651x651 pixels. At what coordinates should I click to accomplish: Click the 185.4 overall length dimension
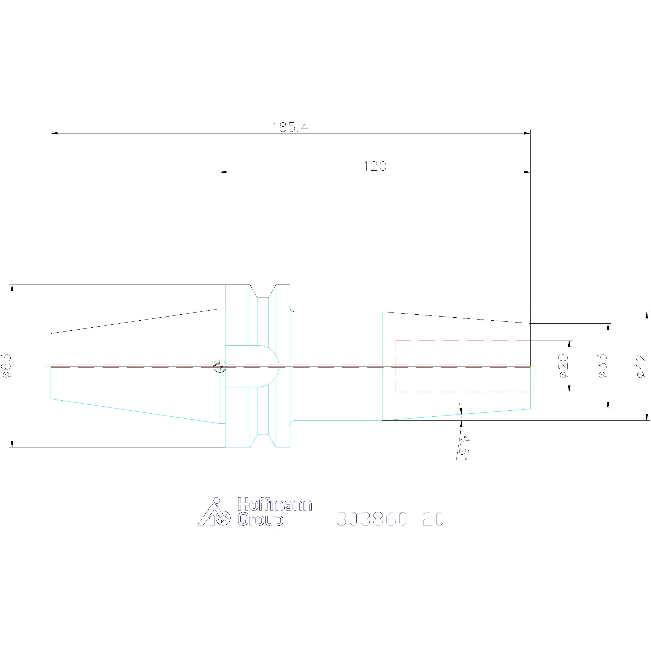coord(290,127)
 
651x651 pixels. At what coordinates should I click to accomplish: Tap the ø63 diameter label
coord(7,366)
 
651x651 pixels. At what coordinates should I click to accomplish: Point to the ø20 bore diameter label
coord(563,366)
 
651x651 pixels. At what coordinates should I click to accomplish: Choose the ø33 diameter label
coord(602,366)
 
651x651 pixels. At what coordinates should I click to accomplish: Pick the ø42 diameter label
coord(641,366)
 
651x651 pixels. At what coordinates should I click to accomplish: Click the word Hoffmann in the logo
coord(275,505)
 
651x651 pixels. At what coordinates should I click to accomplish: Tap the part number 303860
coord(372,519)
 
